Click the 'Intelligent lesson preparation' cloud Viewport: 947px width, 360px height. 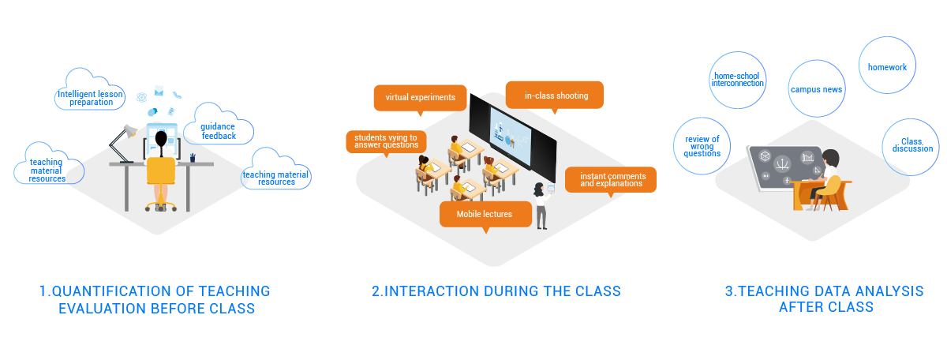click(92, 97)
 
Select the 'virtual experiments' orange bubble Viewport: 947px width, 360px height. click(420, 98)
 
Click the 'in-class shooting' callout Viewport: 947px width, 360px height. click(556, 96)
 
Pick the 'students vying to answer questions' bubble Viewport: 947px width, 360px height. click(386, 141)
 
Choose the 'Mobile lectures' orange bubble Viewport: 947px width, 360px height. click(484, 214)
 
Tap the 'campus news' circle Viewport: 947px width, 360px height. click(817, 89)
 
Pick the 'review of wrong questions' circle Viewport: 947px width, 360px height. click(702, 146)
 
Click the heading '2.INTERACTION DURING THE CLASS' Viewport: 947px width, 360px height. click(496, 291)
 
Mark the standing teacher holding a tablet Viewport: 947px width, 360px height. click(541, 203)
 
